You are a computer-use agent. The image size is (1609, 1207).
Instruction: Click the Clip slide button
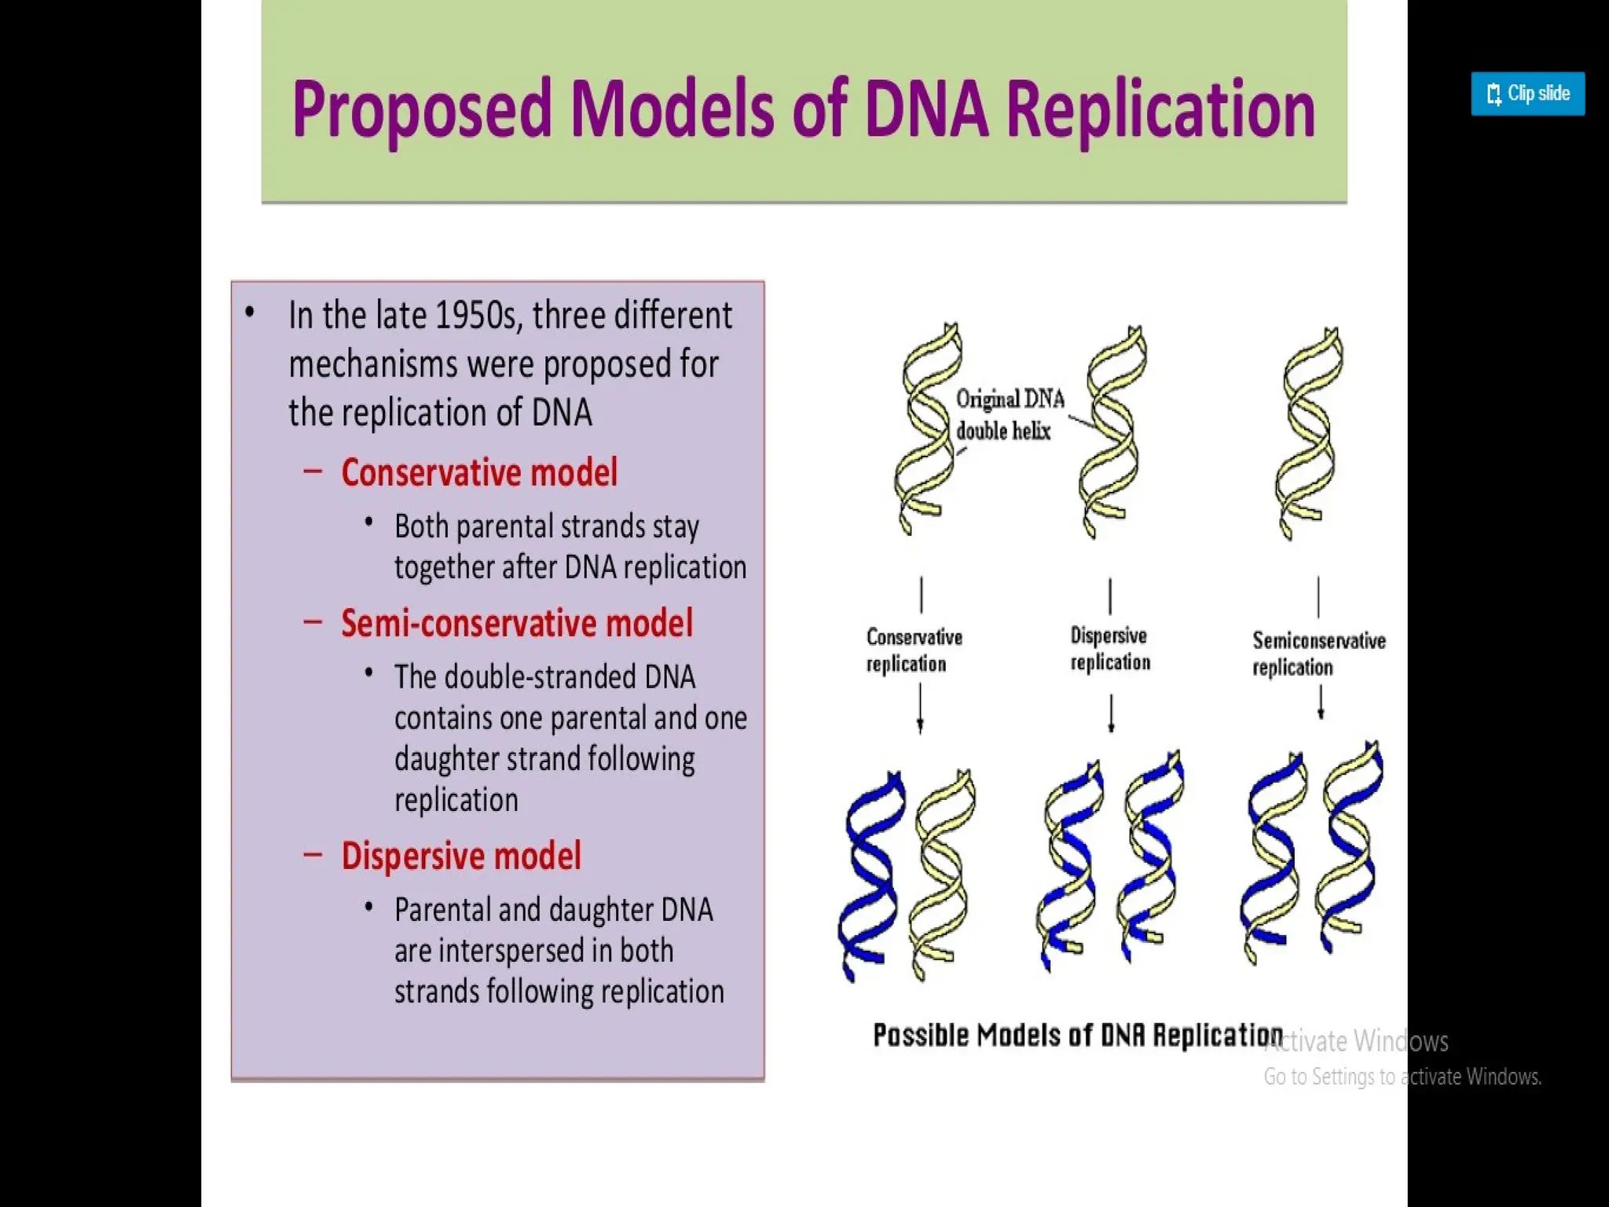pos(1527,94)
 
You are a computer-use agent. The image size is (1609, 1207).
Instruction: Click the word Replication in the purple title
pos(1160,110)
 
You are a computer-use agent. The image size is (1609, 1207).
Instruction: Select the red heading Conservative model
pos(479,473)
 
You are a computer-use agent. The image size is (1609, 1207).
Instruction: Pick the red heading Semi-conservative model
pos(517,624)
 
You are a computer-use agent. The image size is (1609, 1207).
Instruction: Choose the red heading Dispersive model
pos(461,857)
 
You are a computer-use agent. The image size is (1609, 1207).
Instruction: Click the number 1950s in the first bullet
pos(476,316)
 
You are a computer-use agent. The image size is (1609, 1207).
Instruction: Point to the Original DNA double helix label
pos(1009,415)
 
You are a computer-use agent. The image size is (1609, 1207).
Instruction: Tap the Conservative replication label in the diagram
pos(914,651)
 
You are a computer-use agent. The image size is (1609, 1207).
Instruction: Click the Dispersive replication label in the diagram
pos(1109,649)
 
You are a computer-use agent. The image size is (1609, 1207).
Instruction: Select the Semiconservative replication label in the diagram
pos(1318,654)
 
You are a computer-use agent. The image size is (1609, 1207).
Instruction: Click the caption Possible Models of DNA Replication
pos(1077,1036)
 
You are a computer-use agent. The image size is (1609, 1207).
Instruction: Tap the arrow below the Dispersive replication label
pos(1111,714)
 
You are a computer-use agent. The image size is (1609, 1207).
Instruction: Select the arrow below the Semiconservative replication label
pos(1321,703)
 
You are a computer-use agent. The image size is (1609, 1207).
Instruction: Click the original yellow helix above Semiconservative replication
pos(1308,432)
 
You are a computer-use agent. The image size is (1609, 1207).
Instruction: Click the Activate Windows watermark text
pos(1358,1042)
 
